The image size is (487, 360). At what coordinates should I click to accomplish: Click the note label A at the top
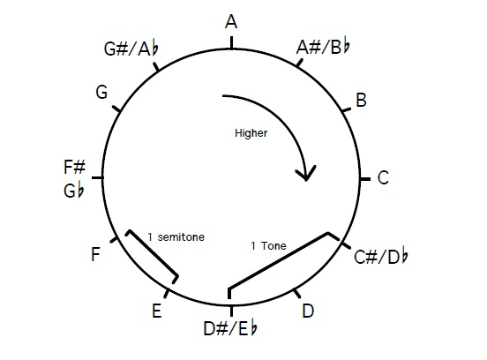(231, 22)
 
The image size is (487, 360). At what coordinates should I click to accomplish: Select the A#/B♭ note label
(323, 48)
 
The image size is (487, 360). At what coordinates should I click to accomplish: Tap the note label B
(361, 100)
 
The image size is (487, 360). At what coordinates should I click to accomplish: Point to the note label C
(383, 177)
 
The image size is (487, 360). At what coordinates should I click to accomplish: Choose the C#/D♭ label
(381, 256)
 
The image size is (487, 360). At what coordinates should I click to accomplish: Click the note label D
(308, 311)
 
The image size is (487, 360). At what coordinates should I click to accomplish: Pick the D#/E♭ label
(230, 328)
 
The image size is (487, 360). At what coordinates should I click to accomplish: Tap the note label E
(157, 311)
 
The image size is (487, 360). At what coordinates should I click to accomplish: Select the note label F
(95, 254)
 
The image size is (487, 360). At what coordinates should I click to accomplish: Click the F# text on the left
(74, 167)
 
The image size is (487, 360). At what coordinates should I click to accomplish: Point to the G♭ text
(73, 191)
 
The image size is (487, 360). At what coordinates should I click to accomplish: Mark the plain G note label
(101, 92)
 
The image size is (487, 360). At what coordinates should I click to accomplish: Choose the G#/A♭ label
(131, 49)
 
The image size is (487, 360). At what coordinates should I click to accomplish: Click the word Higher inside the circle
(251, 133)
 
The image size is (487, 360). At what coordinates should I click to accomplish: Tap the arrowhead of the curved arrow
(306, 174)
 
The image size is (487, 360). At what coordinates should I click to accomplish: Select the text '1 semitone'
(176, 237)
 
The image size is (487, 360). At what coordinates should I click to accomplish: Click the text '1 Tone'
(268, 245)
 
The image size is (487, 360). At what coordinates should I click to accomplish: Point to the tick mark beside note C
(365, 179)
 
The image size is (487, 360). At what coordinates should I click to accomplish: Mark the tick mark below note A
(231, 43)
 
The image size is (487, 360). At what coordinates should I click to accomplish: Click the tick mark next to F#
(98, 177)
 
